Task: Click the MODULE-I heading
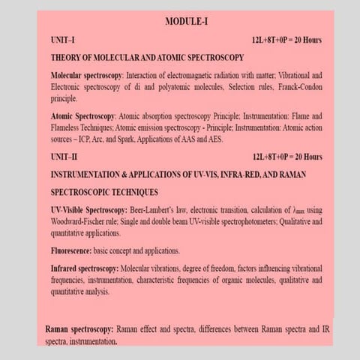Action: [x=186, y=22]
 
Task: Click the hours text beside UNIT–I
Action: [x=288, y=40]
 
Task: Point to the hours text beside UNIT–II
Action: [x=288, y=157]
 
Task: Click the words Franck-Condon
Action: [x=297, y=87]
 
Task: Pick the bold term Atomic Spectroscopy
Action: [x=82, y=116]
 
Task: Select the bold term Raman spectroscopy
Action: [x=79, y=329]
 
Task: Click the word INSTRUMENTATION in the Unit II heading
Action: [x=91, y=174]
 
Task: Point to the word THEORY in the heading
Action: [x=66, y=58]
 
